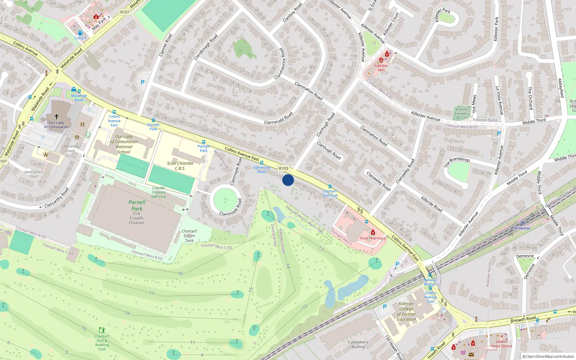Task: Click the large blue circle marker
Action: point(288,180)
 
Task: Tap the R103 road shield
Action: point(283,168)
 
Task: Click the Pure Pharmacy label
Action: point(373,238)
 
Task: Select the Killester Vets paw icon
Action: point(381,60)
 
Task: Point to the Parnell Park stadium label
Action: point(137,205)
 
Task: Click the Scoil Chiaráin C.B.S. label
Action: point(180,166)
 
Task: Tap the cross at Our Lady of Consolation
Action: point(56,116)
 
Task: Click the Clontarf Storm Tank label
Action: point(189,236)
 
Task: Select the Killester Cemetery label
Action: point(462,111)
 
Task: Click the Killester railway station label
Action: point(522,228)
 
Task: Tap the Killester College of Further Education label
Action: point(406,311)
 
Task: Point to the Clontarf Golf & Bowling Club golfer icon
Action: point(102,330)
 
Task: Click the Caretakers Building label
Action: point(358,345)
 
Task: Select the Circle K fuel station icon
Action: point(80,33)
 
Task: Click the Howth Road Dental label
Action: point(501,344)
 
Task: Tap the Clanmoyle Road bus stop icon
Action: point(262,163)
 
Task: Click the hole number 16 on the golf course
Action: point(180,274)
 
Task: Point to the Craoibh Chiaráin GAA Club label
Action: point(158,192)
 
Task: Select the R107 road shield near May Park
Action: point(125,12)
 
